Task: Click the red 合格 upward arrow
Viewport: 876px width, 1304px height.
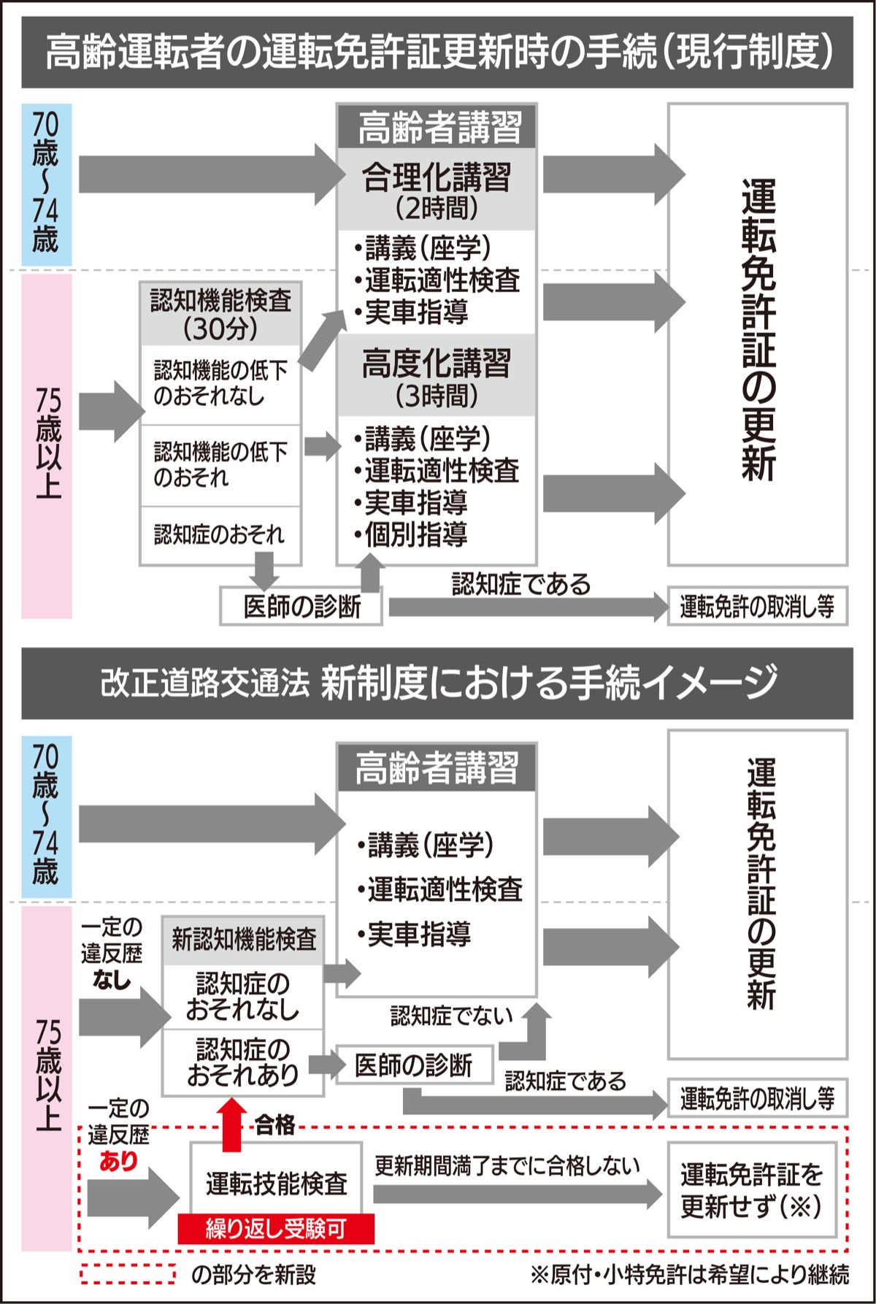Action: (x=232, y=1124)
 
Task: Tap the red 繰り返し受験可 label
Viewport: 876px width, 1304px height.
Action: (x=276, y=1229)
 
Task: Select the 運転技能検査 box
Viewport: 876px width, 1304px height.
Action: (x=276, y=1183)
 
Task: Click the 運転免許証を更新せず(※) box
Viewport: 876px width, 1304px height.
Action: (x=752, y=1190)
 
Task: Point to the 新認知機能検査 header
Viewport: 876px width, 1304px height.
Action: (x=244, y=940)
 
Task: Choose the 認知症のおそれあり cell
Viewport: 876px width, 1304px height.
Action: (x=243, y=1062)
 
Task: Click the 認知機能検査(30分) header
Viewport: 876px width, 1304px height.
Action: (x=220, y=314)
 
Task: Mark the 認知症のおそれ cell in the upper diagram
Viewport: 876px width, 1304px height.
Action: (x=219, y=534)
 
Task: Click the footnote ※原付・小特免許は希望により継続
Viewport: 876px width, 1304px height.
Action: (x=690, y=1275)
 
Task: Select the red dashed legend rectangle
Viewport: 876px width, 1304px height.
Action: (x=128, y=1274)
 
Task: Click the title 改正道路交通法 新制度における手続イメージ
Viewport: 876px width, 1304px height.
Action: (x=438, y=683)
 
